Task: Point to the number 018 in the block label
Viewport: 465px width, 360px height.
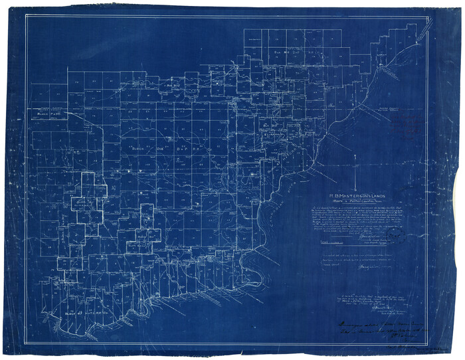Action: pyautogui.click(x=158, y=147)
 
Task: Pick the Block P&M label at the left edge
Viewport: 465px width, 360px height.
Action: pyautogui.click(x=50, y=114)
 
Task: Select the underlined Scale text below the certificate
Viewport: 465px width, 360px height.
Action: pyautogui.click(x=331, y=244)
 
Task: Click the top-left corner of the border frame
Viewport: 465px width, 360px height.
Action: pyautogui.click(x=26, y=16)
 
